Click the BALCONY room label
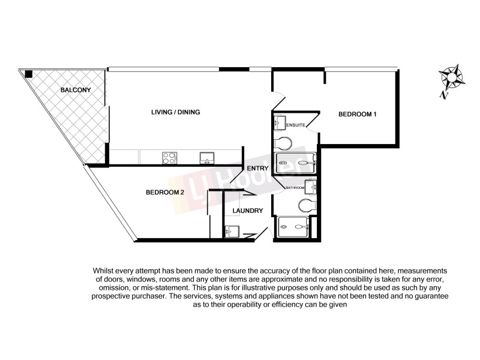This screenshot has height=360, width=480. tap(75, 91)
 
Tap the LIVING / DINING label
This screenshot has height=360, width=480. tap(175, 112)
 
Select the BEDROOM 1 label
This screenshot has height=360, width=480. tap(357, 114)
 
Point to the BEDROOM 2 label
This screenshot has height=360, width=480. tap(164, 193)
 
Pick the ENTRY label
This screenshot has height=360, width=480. tap(257, 169)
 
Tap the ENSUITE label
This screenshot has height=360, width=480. tap(296, 125)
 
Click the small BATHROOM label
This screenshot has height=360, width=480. tap(295, 188)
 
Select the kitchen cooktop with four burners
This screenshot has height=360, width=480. tap(169, 158)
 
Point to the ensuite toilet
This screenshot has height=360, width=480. tap(283, 143)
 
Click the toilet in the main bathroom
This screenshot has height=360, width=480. tap(307, 206)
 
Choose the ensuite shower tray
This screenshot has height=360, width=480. tap(295, 162)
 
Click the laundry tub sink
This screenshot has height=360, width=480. tap(232, 231)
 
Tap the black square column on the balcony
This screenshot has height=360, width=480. tap(29, 74)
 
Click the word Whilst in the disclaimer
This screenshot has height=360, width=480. tap(104, 272)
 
